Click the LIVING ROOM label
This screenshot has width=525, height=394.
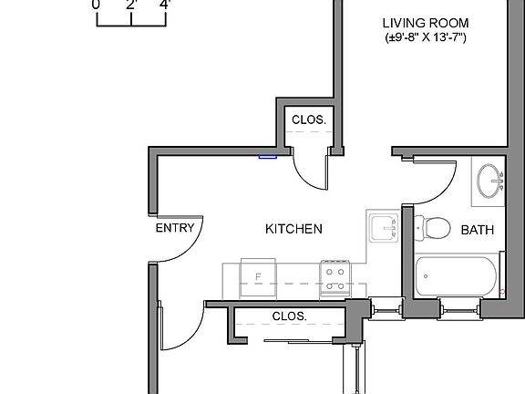(425, 23)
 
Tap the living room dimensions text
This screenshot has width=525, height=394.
(425, 38)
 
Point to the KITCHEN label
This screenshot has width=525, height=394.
(293, 228)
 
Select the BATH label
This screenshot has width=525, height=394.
(477, 230)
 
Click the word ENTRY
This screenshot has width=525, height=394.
(175, 228)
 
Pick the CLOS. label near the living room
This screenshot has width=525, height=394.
(309, 119)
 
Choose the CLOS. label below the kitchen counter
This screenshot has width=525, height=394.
(289, 316)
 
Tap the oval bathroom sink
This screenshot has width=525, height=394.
(491, 181)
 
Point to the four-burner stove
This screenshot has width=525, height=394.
(335, 275)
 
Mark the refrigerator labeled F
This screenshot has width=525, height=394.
(259, 275)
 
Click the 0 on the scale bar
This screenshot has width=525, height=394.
(96, 5)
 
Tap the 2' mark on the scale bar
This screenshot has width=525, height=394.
(131, 5)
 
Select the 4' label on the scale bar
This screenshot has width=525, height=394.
(164, 5)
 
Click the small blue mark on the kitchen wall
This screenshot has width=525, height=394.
(267, 156)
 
